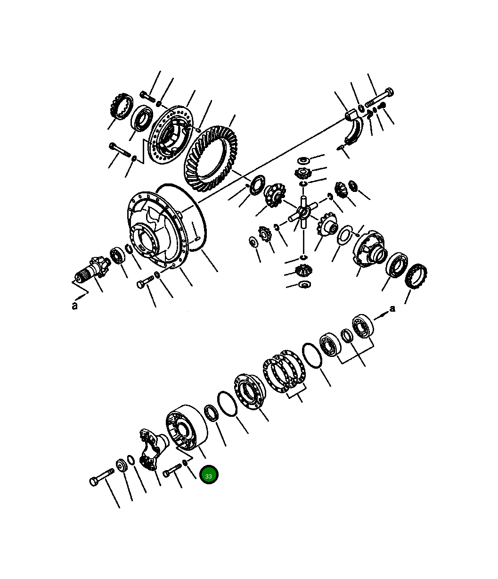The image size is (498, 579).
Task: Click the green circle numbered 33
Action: tap(208, 475)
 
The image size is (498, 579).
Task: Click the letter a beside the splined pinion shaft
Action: tap(74, 306)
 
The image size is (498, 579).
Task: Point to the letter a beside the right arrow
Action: tap(392, 309)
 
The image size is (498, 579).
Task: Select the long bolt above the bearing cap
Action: tap(379, 97)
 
